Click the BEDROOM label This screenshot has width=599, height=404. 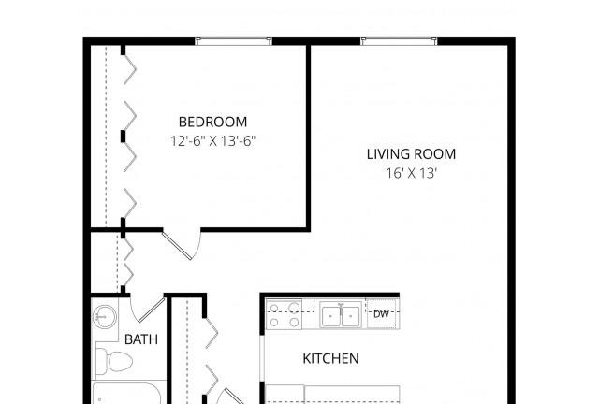[212, 122]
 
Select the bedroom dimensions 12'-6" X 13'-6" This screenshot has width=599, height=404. [212, 142]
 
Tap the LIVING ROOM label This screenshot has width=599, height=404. [411, 154]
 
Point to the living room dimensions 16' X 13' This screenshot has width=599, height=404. [411, 173]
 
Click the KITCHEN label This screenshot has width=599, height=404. [330, 358]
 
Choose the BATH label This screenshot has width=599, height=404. [140, 339]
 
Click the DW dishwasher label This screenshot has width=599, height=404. [381, 314]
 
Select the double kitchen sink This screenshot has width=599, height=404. [341, 316]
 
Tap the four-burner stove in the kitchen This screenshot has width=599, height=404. [285, 315]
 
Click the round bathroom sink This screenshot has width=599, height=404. [104, 318]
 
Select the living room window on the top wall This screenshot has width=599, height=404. [398, 41]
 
